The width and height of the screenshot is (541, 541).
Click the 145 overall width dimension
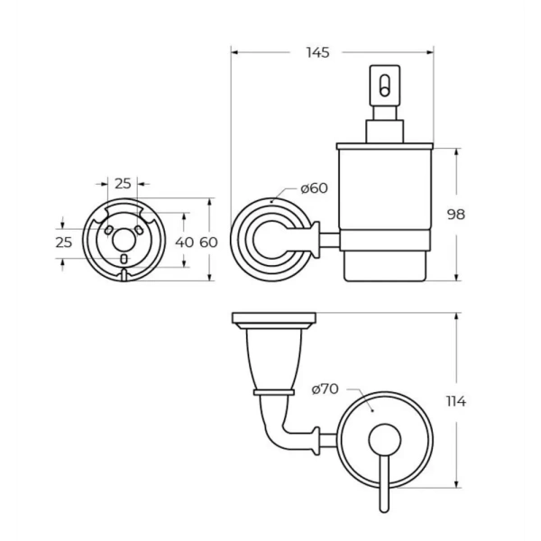point(316,52)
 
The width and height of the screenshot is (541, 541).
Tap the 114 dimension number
point(454,402)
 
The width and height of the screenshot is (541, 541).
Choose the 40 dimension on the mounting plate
point(184,242)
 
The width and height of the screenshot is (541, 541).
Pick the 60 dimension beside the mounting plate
point(208,242)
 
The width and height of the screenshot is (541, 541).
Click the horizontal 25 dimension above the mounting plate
point(123,183)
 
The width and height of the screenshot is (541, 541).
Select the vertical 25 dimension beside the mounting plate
point(63,243)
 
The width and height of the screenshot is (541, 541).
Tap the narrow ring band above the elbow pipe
point(274,392)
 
